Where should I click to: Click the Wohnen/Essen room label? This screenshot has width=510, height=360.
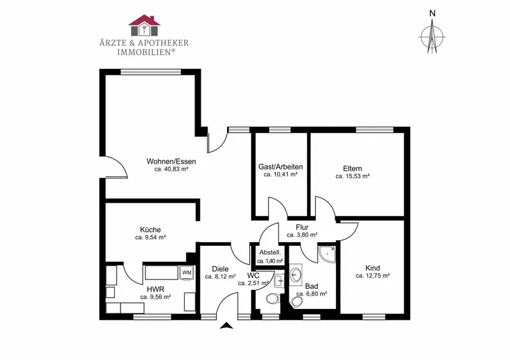tap(171, 161)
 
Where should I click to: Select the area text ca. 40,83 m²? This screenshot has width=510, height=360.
tap(171, 169)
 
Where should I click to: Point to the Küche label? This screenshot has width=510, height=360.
tap(150, 229)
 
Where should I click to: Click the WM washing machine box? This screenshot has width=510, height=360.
tap(187, 273)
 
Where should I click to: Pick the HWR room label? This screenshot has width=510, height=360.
tap(156, 289)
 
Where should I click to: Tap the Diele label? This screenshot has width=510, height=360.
tap(220, 269)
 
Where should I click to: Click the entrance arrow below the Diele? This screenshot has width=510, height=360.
tap(227, 326)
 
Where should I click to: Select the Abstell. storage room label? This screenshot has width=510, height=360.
tap(270, 253)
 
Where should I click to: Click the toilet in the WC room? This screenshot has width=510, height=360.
tap(272, 298)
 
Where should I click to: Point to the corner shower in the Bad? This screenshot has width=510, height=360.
tap(327, 254)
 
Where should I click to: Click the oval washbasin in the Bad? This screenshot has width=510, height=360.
tap(296, 275)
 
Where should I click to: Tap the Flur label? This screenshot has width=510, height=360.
tap(302, 227)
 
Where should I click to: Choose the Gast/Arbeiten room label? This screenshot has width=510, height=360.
tap(280, 167)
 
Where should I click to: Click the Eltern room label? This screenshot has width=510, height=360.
tap(353, 168)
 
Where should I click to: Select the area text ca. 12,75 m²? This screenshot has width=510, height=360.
tap(373, 276)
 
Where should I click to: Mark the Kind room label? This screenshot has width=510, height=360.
tap(373, 268)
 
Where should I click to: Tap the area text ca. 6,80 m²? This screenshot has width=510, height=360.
tap(312, 294)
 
